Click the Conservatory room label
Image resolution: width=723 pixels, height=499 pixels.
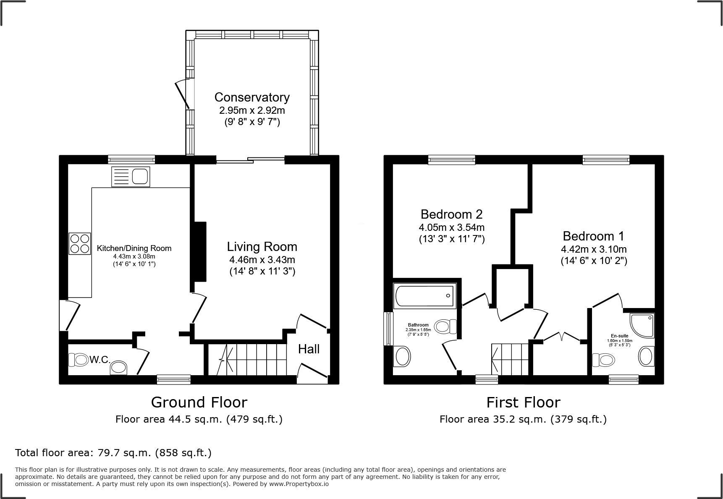click(x=252, y=97)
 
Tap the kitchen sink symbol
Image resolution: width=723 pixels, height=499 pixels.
click(x=131, y=177)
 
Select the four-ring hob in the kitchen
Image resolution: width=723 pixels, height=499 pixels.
click(x=80, y=243)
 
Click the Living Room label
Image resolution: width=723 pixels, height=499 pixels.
click(x=262, y=247)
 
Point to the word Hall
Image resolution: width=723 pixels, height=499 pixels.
click(x=309, y=349)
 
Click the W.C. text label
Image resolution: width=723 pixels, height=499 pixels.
click(x=100, y=360)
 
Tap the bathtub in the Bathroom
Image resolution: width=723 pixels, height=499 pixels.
click(x=424, y=295)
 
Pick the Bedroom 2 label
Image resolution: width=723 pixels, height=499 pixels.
click(x=451, y=214)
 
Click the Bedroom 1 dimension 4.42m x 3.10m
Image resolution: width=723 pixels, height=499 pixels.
click(x=594, y=249)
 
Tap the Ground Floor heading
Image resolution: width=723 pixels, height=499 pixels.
click(x=199, y=402)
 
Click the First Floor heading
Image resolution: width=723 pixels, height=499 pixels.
click(x=523, y=403)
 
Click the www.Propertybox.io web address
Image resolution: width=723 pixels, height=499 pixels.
click(x=299, y=484)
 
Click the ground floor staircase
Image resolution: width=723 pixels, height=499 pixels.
click(x=252, y=360)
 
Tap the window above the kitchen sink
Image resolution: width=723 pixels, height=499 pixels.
click(x=131, y=159)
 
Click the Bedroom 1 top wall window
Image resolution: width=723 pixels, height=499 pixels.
click(x=605, y=159)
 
